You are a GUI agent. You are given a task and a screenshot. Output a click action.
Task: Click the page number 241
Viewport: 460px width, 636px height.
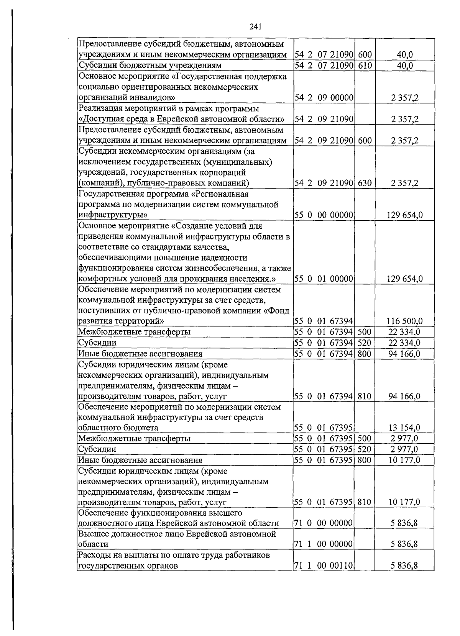[255, 26]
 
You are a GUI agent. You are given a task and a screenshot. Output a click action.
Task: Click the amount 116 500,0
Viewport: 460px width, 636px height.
[405, 321]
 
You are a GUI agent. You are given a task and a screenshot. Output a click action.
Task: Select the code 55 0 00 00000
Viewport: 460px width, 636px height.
[324, 215]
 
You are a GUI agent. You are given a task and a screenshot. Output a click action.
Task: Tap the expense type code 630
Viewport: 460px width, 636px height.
[365, 183]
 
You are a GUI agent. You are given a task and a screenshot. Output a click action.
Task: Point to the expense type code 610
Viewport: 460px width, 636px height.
[365, 66]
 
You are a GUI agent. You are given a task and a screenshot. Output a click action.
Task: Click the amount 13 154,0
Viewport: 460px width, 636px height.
[405, 428]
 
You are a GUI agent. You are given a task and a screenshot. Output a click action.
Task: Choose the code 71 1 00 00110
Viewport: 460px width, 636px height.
[324, 566]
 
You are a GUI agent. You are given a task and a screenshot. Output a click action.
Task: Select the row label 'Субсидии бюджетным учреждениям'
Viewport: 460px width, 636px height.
[150, 66]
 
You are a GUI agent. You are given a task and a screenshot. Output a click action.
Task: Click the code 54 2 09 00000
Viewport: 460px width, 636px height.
[324, 98]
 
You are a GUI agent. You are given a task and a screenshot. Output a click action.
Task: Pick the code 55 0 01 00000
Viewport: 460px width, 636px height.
[324, 279]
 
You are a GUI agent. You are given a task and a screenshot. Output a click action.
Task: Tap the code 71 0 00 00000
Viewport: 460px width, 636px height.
[324, 523]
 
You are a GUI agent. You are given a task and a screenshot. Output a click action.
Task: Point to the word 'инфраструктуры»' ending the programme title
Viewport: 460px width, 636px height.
[113, 215]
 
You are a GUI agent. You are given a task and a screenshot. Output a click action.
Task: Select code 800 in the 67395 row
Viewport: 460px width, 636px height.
[365, 460]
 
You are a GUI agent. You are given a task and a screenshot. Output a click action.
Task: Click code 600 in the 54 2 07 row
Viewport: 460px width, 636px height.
[365, 55]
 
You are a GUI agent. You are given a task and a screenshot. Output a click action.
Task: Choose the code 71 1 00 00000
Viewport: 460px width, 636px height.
[324, 544]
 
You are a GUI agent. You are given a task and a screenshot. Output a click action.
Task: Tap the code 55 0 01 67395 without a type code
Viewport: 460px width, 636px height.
[324, 428]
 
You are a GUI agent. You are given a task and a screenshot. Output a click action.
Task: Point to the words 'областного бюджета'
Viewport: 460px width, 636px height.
[118, 428]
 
